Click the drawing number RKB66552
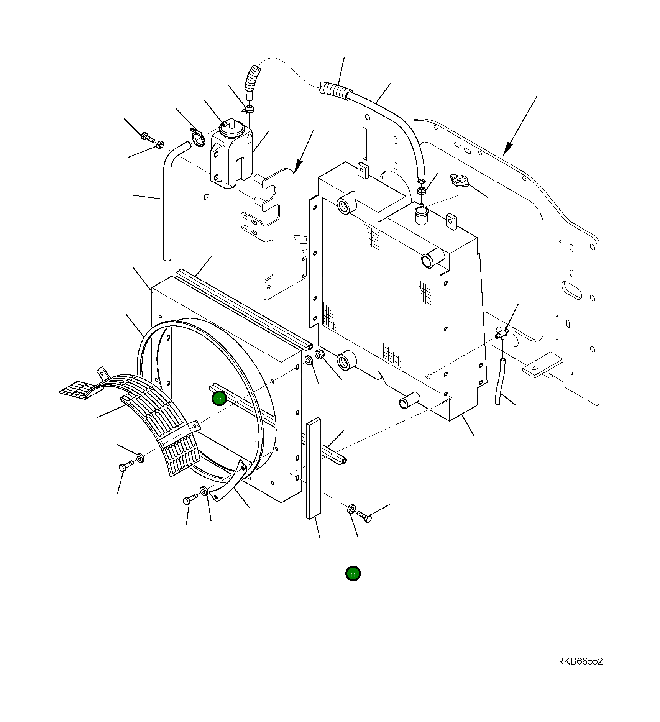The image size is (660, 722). coord(580,661)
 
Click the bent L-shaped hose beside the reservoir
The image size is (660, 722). coord(169,192)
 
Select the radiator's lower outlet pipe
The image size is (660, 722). coord(408,401)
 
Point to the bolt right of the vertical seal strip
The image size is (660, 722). coord(364,516)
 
